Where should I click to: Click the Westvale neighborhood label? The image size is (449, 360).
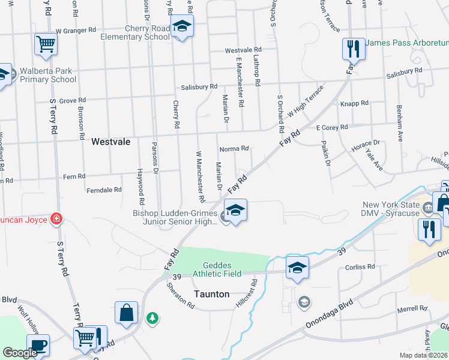111,143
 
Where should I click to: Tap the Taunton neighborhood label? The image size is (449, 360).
211,294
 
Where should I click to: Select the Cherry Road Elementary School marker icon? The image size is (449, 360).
181,26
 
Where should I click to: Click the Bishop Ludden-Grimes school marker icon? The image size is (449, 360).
236,211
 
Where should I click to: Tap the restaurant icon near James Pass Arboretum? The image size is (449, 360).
353,49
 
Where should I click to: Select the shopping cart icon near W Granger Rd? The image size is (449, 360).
46,44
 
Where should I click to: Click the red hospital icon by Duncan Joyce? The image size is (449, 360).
56,218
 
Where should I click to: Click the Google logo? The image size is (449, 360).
20,353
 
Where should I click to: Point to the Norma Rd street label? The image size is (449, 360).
234,149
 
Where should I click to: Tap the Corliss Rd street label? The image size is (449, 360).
360,266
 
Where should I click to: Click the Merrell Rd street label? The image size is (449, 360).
412,309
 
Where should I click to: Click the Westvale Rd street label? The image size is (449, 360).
243,50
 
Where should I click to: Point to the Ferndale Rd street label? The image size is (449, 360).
104,190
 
